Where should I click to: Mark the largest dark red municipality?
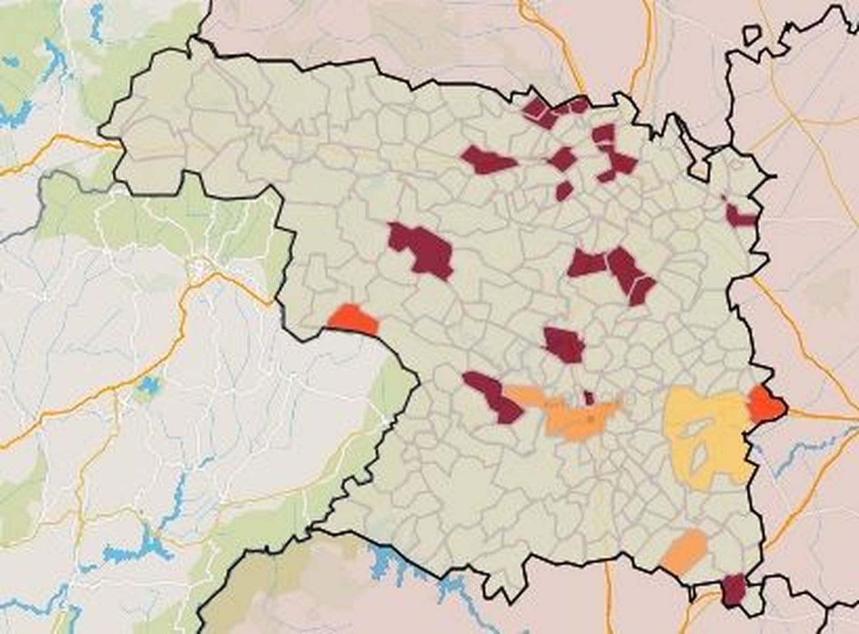coord(424,249)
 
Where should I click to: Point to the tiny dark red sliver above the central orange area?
coord(589,398)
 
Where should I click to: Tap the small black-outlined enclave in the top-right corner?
coord(752,35)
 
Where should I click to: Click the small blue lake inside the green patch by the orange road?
coord(148,385)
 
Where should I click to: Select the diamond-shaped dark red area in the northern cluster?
coord(563,159)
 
